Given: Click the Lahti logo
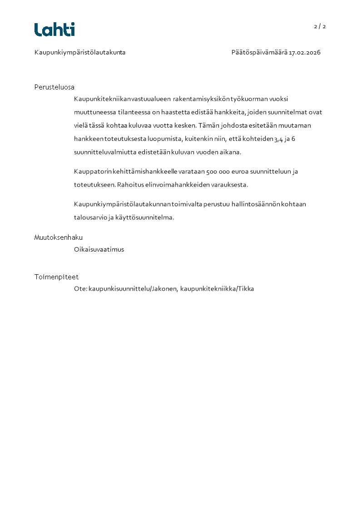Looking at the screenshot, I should (54, 30).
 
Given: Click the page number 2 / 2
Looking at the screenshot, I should (320, 26).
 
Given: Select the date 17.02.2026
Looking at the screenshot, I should (305, 53).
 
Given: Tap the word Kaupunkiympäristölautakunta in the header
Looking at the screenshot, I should (80, 53).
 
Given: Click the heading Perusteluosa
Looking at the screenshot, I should (54, 87).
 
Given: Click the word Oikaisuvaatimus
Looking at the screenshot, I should (99, 249).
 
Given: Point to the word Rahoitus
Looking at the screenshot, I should (131, 185).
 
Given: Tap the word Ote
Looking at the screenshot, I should (80, 289).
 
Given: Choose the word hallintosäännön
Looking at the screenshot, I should (257, 204).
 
